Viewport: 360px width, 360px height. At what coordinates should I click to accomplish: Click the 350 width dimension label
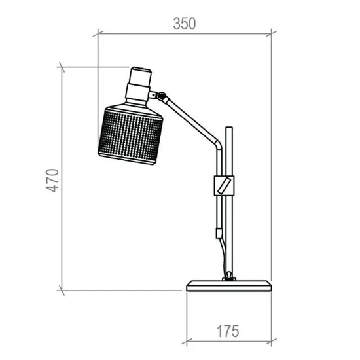point(184,24)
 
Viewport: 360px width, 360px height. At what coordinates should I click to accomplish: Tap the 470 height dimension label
point(52,180)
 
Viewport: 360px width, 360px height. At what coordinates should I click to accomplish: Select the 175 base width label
point(228,331)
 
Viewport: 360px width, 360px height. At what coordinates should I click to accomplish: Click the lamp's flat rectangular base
point(229,286)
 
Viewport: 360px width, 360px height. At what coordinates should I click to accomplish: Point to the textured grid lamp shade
point(130,135)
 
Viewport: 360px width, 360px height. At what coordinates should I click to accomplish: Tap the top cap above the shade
point(140,76)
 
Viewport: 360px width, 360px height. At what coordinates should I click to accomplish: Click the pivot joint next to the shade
point(162,96)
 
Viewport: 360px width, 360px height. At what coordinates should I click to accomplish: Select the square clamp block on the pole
point(224,186)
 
